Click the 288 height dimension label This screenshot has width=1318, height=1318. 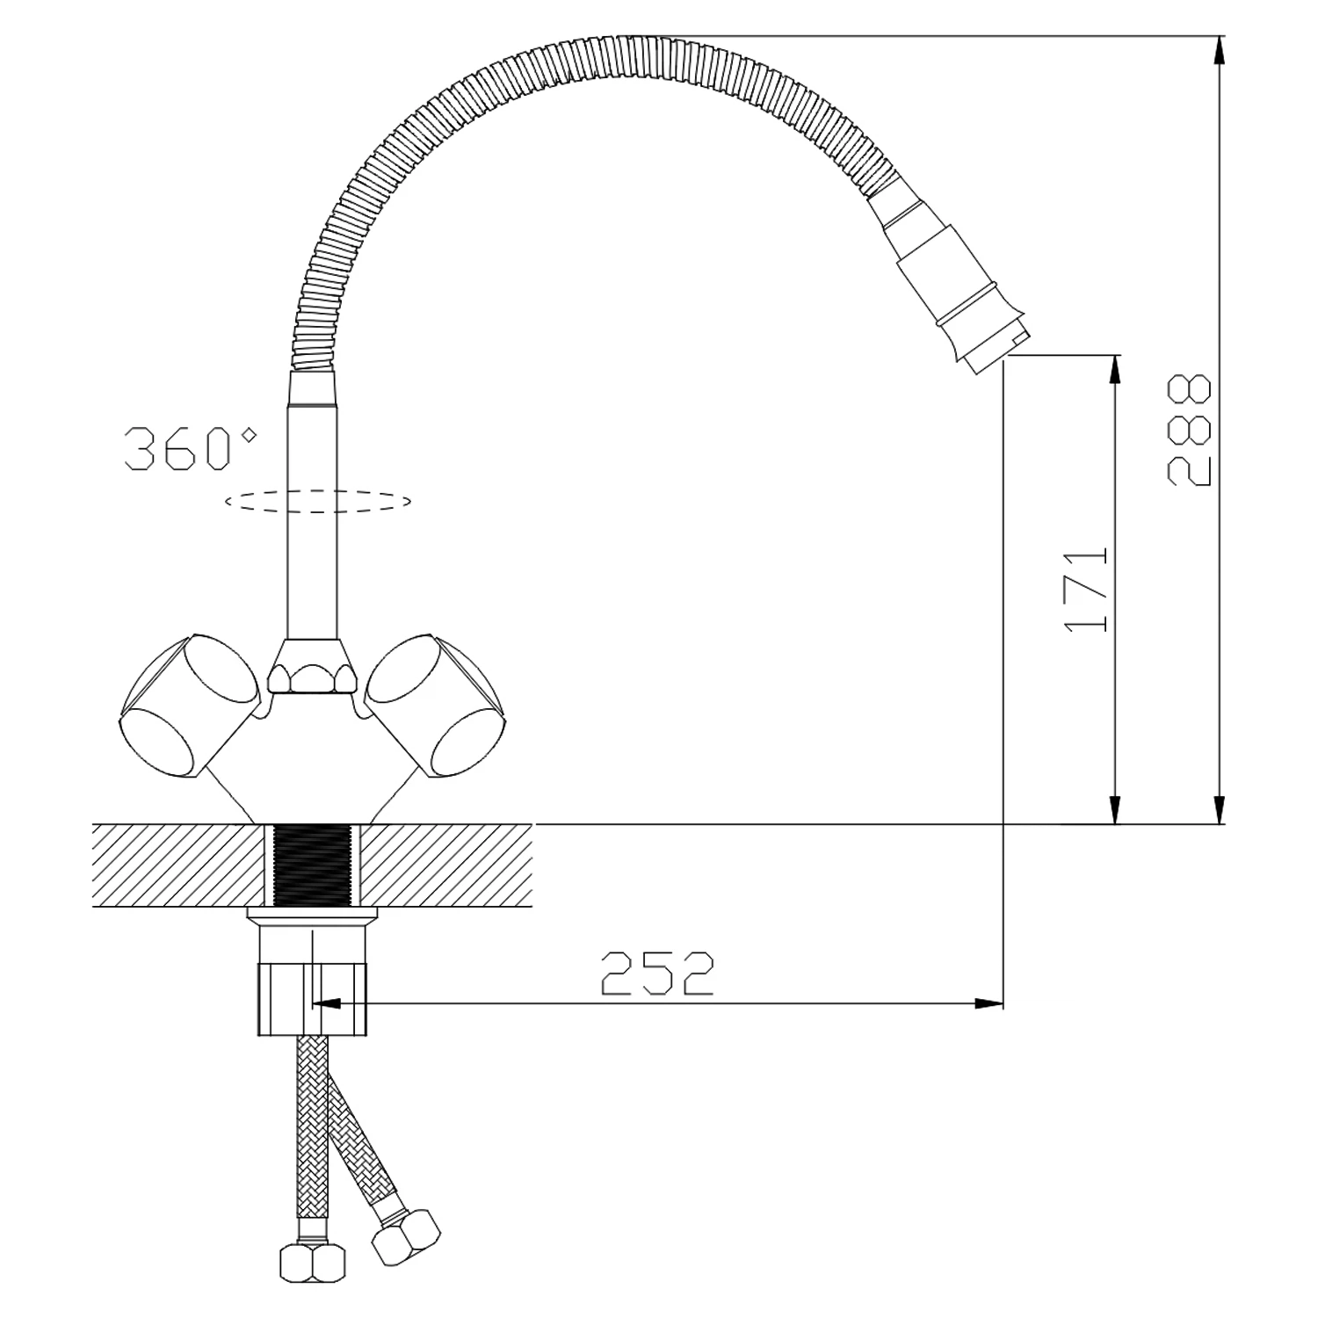(x=1189, y=430)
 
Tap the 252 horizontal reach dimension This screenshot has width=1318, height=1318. (x=656, y=973)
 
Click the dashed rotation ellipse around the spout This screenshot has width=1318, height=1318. (x=318, y=513)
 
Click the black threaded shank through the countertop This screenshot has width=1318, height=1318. (x=313, y=865)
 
